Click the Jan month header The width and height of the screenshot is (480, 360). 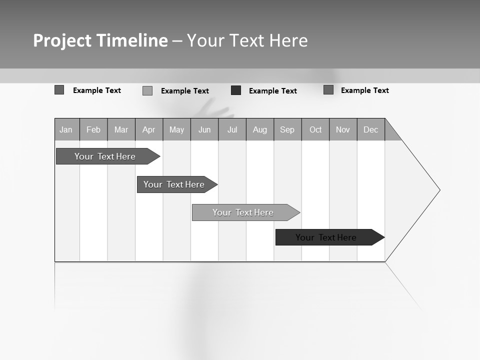click(x=66, y=129)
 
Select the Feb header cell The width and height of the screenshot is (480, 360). click(x=93, y=129)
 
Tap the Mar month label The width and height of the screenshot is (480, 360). click(x=121, y=129)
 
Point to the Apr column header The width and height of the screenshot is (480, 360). click(x=149, y=129)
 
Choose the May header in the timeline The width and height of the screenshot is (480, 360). click(x=176, y=129)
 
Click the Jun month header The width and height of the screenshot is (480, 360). click(x=204, y=129)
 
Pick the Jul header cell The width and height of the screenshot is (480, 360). click(x=232, y=129)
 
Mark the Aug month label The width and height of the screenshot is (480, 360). click(x=260, y=129)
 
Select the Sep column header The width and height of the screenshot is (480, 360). click(x=287, y=129)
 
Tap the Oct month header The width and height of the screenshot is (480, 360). click(x=315, y=129)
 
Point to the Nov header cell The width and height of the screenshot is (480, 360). click(x=343, y=129)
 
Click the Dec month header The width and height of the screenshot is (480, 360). click(x=371, y=129)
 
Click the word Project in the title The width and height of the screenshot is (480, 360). click(x=62, y=40)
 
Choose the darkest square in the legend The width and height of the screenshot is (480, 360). click(x=236, y=90)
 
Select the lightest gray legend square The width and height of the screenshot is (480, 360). click(x=147, y=90)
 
